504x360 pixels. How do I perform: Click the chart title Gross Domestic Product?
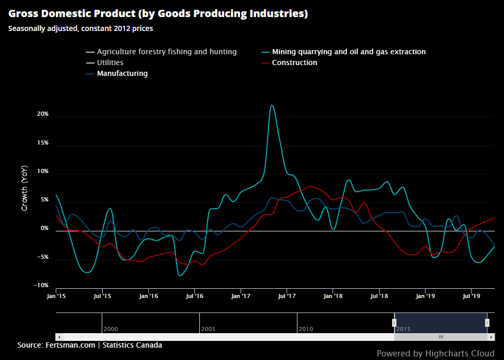click(158, 14)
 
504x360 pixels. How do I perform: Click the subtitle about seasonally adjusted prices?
click(81, 28)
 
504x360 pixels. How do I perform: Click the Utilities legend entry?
click(110, 62)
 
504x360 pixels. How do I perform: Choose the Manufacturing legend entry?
click(122, 73)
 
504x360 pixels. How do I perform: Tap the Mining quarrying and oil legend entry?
click(349, 52)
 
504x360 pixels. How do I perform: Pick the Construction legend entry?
click(294, 62)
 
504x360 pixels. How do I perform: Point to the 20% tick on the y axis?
click(42, 114)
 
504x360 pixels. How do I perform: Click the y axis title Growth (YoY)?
click(24, 189)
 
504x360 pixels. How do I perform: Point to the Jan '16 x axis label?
click(148, 296)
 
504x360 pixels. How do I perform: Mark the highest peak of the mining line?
click(272, 105)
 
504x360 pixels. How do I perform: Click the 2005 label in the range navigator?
click(209, 328)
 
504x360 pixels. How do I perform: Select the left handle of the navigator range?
click(394, 323)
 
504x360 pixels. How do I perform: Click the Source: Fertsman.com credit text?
click(89, 345)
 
